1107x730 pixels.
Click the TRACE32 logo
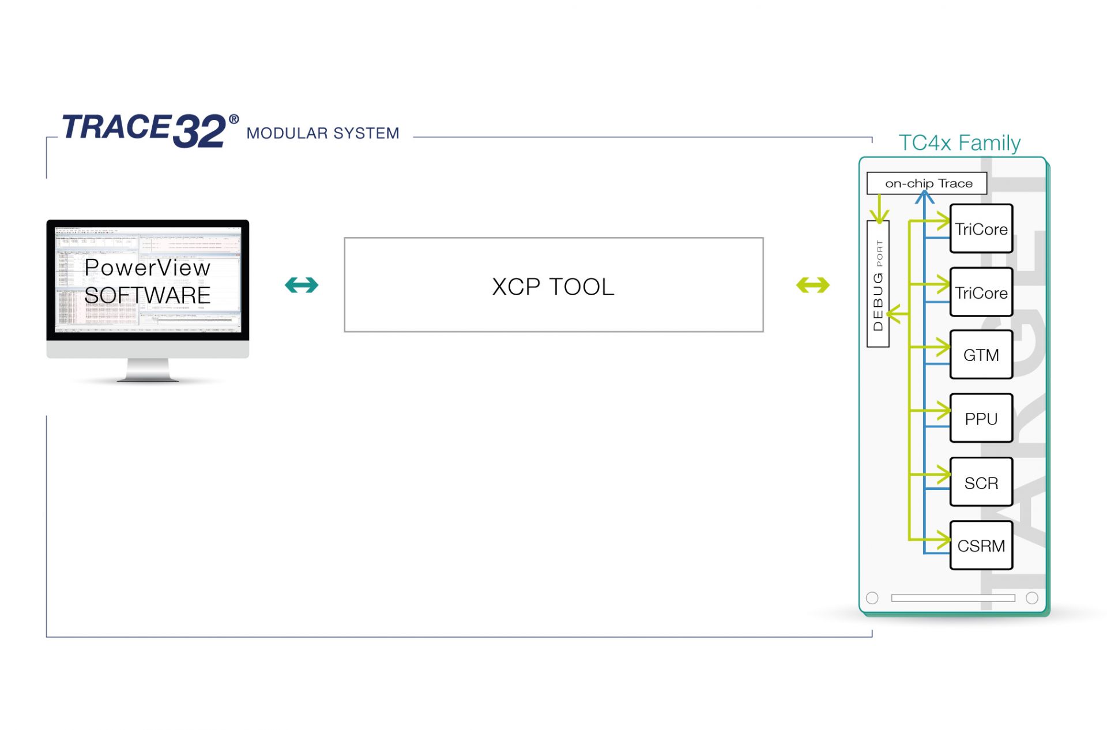click(x=144, y=129)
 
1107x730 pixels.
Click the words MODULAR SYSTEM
click(x=322, y=133)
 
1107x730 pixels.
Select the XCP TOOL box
click(x=553, y=285)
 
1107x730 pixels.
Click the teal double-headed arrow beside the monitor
click(x=302, y=285)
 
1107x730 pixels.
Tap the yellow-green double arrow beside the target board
click(x=812, y=285)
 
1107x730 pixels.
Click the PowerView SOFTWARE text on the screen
click(x=148, y=281)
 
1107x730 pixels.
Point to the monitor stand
click(x=148, y=370)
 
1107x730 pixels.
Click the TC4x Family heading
click(x=959, y=142)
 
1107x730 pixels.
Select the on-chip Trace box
click(x=927, y=183)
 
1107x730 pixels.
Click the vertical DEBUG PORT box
click(x=878, y=284)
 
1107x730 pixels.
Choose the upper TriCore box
click(x=981, y=229)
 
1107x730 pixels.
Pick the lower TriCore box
click(x=981, y=292)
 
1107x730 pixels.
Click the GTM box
click(x=981, y=355)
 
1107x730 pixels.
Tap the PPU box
click(x=981, y=419)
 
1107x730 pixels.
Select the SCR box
click(x=981, y=483)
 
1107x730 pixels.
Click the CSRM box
click(x=981, y=545)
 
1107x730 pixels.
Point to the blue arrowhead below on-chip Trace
click(x=924, y=197)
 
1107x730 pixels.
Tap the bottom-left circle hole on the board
click(x=872, y=598)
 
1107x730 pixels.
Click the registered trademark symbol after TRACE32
click(x=234, y=119)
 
